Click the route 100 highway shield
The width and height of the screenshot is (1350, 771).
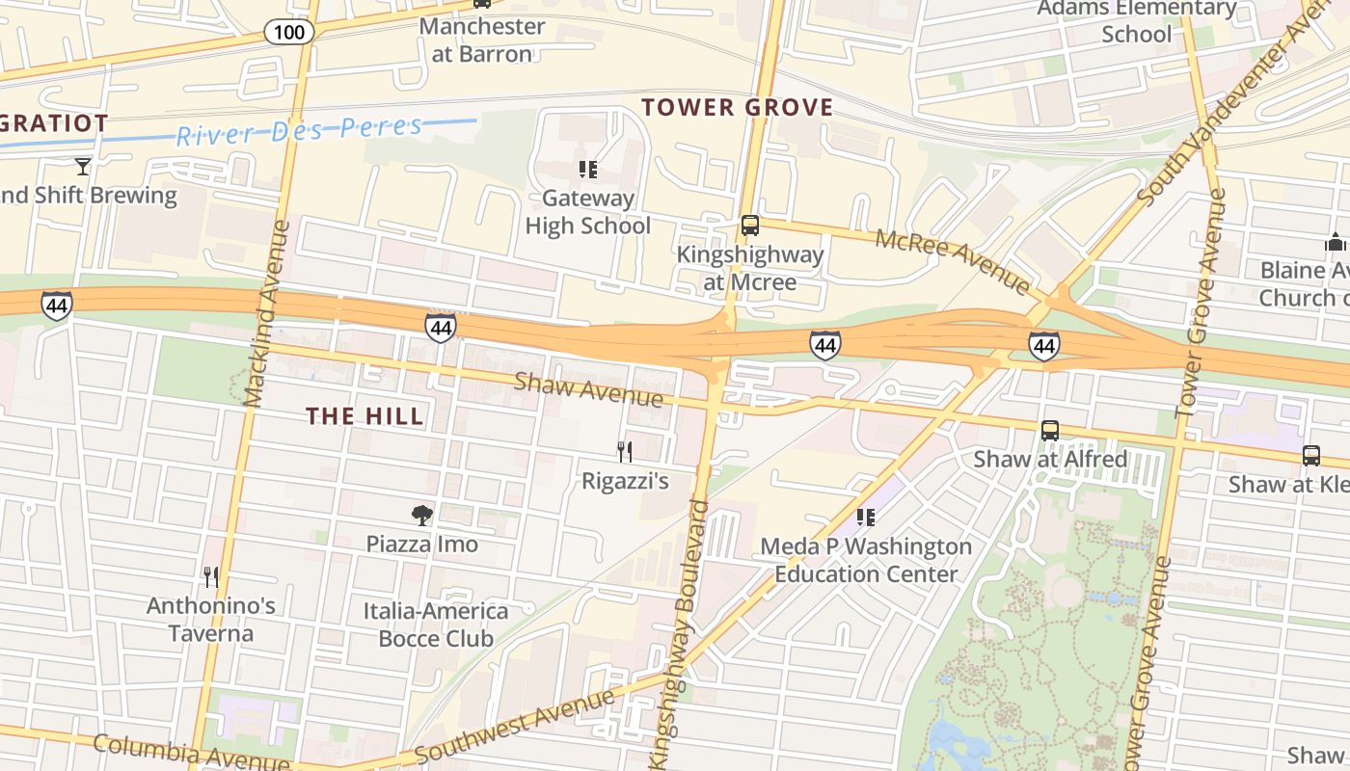pyautogui.click(x=288, y=32)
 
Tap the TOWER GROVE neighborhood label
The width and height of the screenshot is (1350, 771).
pyautogui.click(x=737, y=107)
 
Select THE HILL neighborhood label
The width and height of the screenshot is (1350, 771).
pyautogui.click(x=364, y=416)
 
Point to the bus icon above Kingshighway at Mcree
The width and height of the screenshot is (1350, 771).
pyautogui.click(x=749, y=226)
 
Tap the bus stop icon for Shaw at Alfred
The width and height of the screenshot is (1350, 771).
pyautogui.click(x=1050, y=431)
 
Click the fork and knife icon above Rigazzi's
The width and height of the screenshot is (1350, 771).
pyautogui.click(x=625, y=451)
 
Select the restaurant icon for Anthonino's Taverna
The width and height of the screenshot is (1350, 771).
pyautogui.click(x=211, y=576)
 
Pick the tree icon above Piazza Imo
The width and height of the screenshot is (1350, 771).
pyautogui.click(x=421, y=515)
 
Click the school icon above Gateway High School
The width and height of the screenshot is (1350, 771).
pyautogui.click(x=587, y=171)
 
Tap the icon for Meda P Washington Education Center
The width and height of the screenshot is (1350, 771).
pyautogui.click(x=865, y=518)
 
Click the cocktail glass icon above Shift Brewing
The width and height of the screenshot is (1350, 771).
pyautogui.click(x=83, y=167)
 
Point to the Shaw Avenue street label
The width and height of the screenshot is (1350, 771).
pyautogui.click(x=588, y=388)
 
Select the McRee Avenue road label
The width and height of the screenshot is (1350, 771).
pyautogui.click(x=953, y=260)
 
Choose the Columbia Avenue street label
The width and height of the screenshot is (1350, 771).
pyautogui.click(x=191, y=753)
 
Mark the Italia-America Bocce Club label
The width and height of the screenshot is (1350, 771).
pyautogui.click(x=435, y=625)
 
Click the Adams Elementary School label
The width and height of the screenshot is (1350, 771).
pyautogui.click(x=1136, y=21)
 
